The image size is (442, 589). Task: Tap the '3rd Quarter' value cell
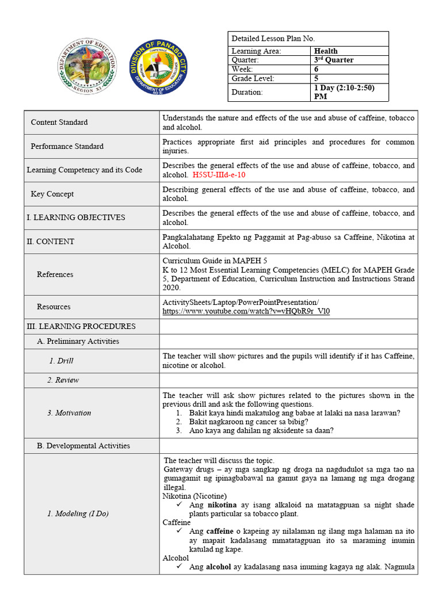334,60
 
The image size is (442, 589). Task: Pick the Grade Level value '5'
316,78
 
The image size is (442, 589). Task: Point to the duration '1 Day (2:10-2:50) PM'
342,92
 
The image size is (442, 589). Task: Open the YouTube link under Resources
246,311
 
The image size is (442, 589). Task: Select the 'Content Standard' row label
59,122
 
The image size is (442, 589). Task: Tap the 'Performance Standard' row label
67,146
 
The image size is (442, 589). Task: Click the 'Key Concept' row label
52,194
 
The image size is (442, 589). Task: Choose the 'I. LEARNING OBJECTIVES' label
75,217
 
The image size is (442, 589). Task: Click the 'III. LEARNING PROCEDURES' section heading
81,326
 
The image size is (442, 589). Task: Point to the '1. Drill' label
61,361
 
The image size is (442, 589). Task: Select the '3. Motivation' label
69,412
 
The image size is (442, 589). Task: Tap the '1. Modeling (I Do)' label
75,514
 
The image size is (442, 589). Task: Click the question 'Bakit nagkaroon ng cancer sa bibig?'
249,422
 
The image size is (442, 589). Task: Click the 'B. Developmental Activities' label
83,446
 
